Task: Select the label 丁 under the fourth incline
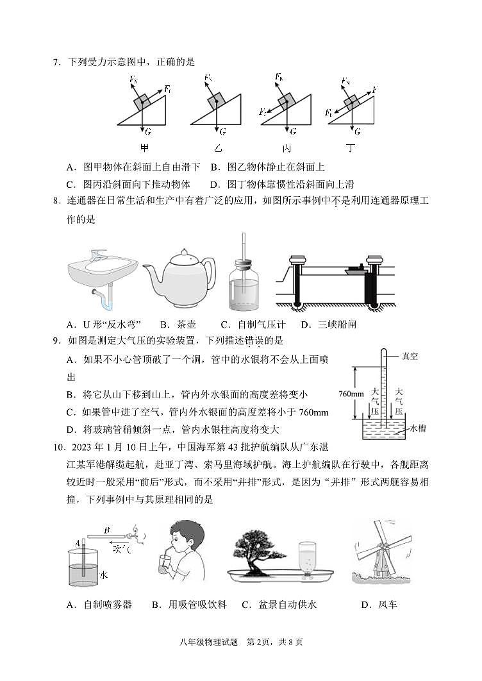[x=351, y=148]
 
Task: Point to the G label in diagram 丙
[x=293, y=131]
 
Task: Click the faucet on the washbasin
[x=99, y=255]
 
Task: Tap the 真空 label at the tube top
[x=409, y=355]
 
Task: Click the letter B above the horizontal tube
[x=107, y=530]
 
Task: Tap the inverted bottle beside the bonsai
[x=307, y=558]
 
